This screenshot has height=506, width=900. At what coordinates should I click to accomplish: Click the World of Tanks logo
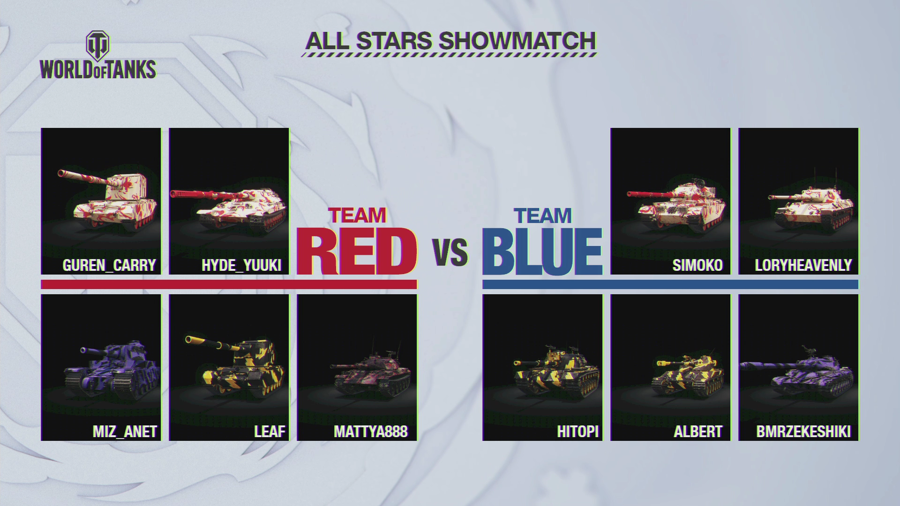pyautogui.click(x=98, y=55)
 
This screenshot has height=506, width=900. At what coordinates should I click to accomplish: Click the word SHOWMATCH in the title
pyautogui.click(x=517, y=41)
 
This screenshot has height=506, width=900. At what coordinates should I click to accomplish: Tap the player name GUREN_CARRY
pyautogui.click(x=109, y=265)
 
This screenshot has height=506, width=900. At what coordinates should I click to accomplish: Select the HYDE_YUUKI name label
pyautogui.click(x=241, y=265)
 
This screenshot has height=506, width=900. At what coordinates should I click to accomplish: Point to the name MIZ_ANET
pyautogui.click(x=125, y=431)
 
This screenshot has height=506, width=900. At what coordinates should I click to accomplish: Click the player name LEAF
pyautogui.click(x=270, y=431)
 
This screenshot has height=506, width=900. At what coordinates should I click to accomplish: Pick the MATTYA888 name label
pyautogui.click(x=371, y=431)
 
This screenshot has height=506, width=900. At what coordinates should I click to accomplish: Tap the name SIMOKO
pyautogui.click(x=697, y=265)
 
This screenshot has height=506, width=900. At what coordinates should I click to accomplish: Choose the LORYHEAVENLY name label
pyautogui.click(x=803, y=265)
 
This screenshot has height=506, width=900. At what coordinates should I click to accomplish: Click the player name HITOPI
pyautogui.click(x=578, y=431)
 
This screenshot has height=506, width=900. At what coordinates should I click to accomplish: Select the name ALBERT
pyautogui.click(x=698, y=431)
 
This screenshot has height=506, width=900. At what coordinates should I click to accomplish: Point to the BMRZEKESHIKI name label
pyautogui.click(x=803, y=431)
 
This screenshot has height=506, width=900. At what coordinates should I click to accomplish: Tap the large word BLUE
pyautogui.click(x=542, y=252)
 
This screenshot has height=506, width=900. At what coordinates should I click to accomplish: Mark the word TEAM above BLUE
pyautogui.click(x=543, y=216)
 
